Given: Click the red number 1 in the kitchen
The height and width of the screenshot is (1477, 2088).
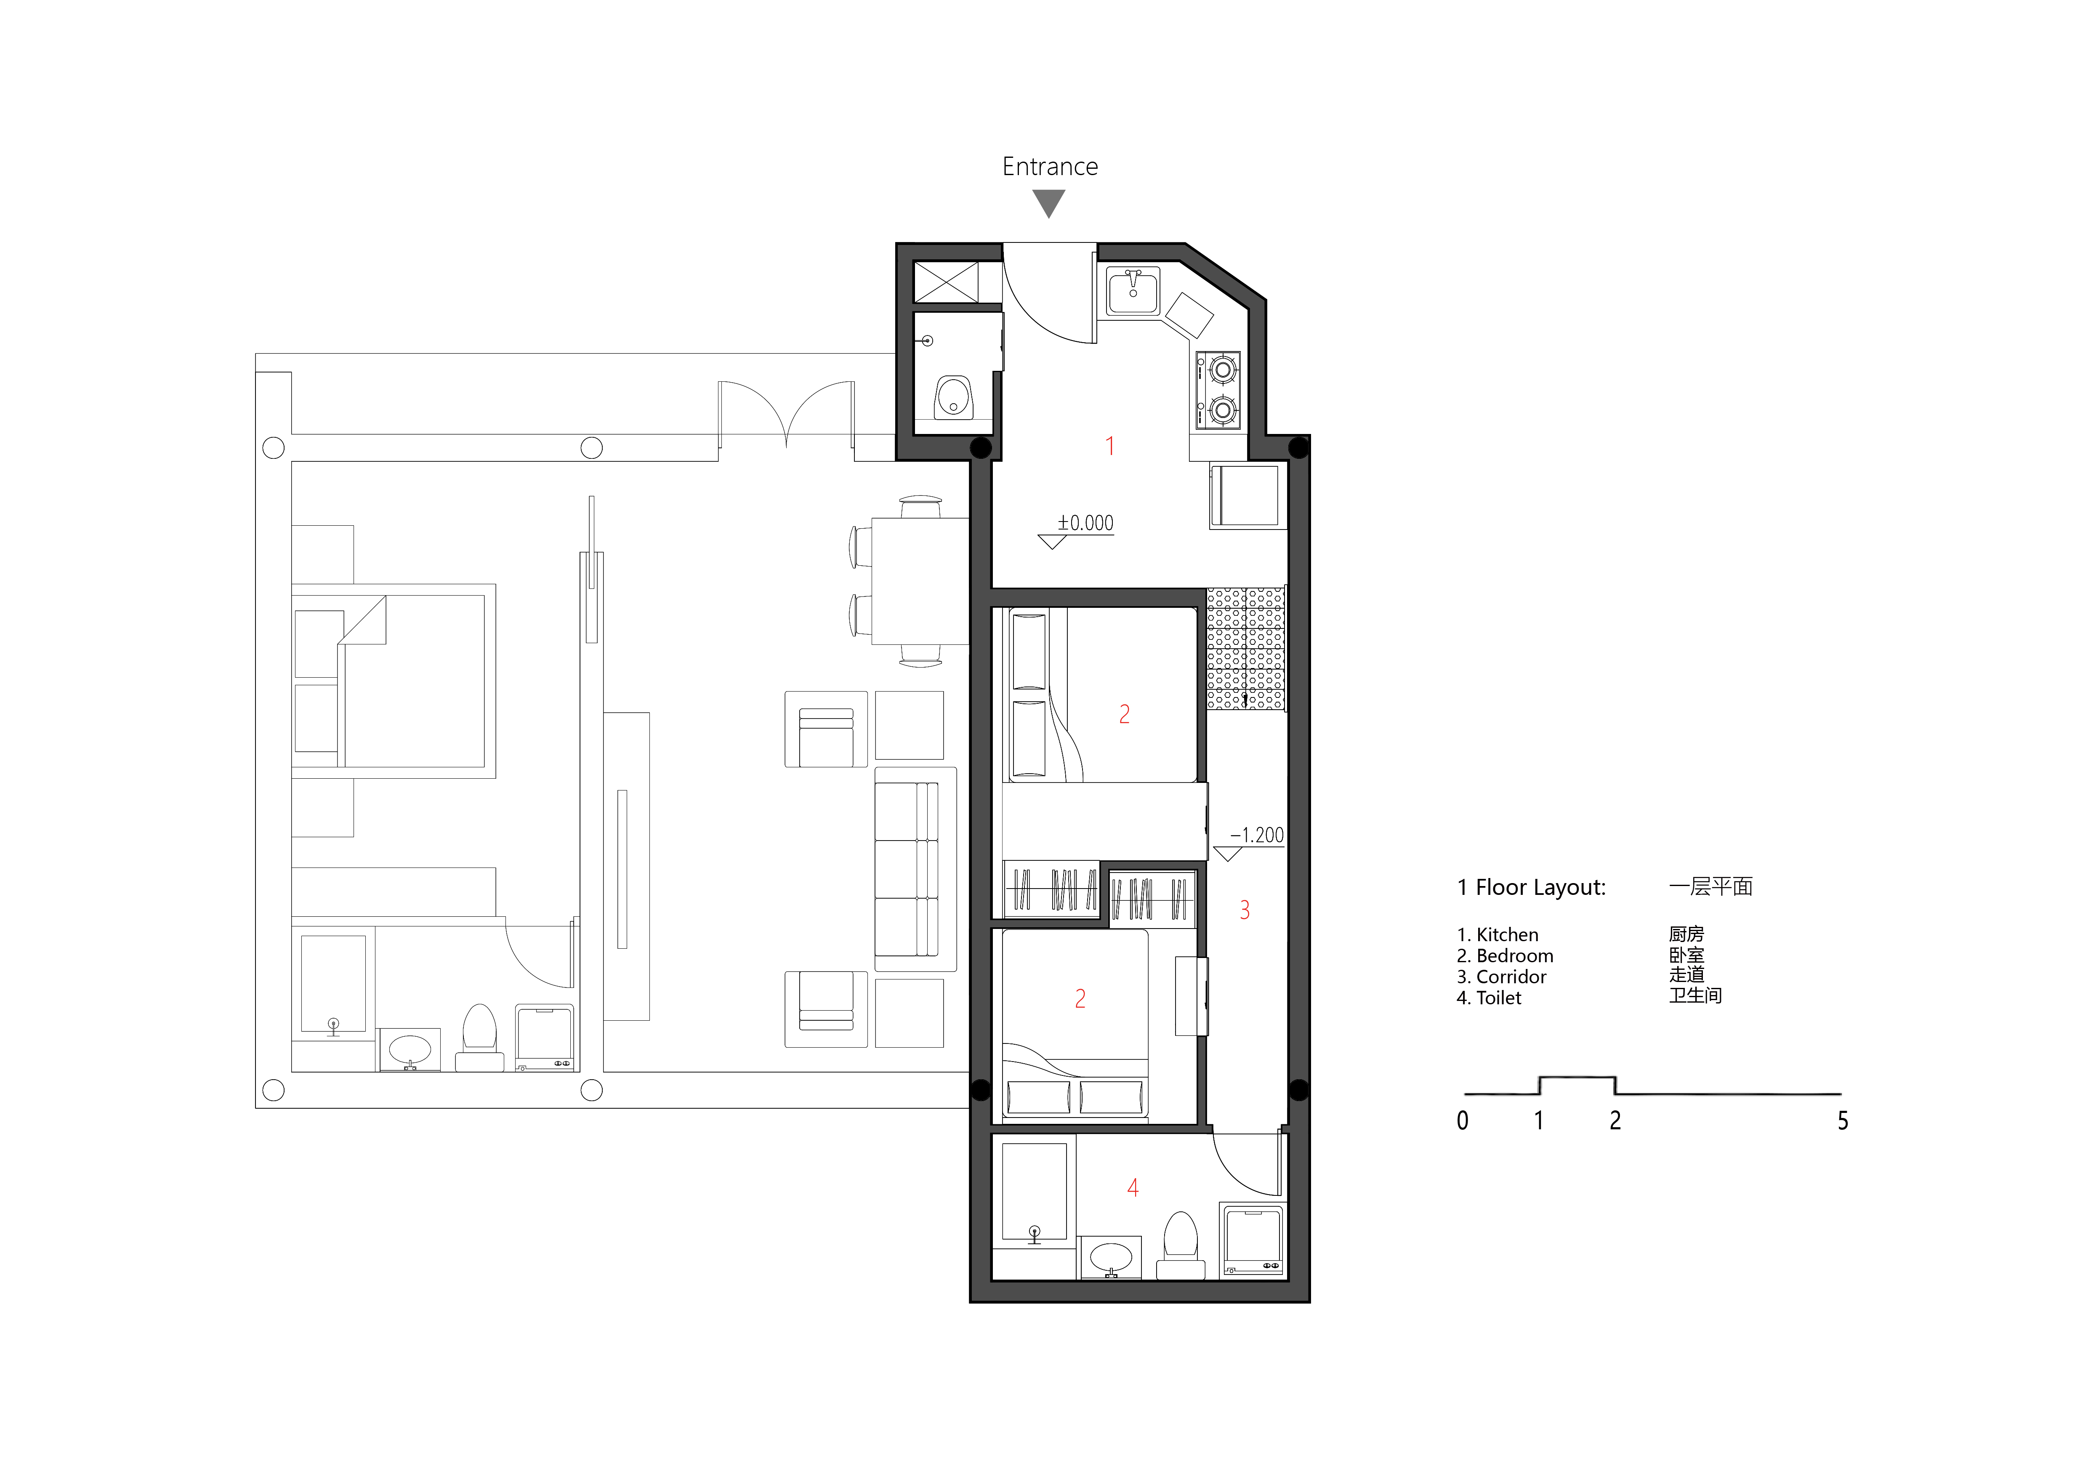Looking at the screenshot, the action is [1109, 446].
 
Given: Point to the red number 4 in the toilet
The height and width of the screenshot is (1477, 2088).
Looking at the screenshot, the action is [1133, 1187].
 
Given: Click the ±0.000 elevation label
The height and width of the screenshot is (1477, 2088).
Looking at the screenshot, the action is [1085, 523].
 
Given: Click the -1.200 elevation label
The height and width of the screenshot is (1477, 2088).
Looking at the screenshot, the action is [1257, 835].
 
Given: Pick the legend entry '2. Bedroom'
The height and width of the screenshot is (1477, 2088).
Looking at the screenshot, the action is [1505, 956].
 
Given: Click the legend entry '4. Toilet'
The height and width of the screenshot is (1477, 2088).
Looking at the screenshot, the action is [1489, 998].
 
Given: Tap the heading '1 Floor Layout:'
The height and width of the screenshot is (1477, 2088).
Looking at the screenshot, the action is [1532, 888].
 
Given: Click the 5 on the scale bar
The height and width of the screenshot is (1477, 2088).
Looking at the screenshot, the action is [1843, 1120].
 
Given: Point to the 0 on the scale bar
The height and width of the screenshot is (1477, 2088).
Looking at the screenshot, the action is [1462, 1120].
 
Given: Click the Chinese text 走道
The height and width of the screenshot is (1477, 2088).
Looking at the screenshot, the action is [1687, 975].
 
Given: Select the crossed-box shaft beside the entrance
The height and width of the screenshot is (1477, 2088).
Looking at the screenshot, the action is [946, 281].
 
